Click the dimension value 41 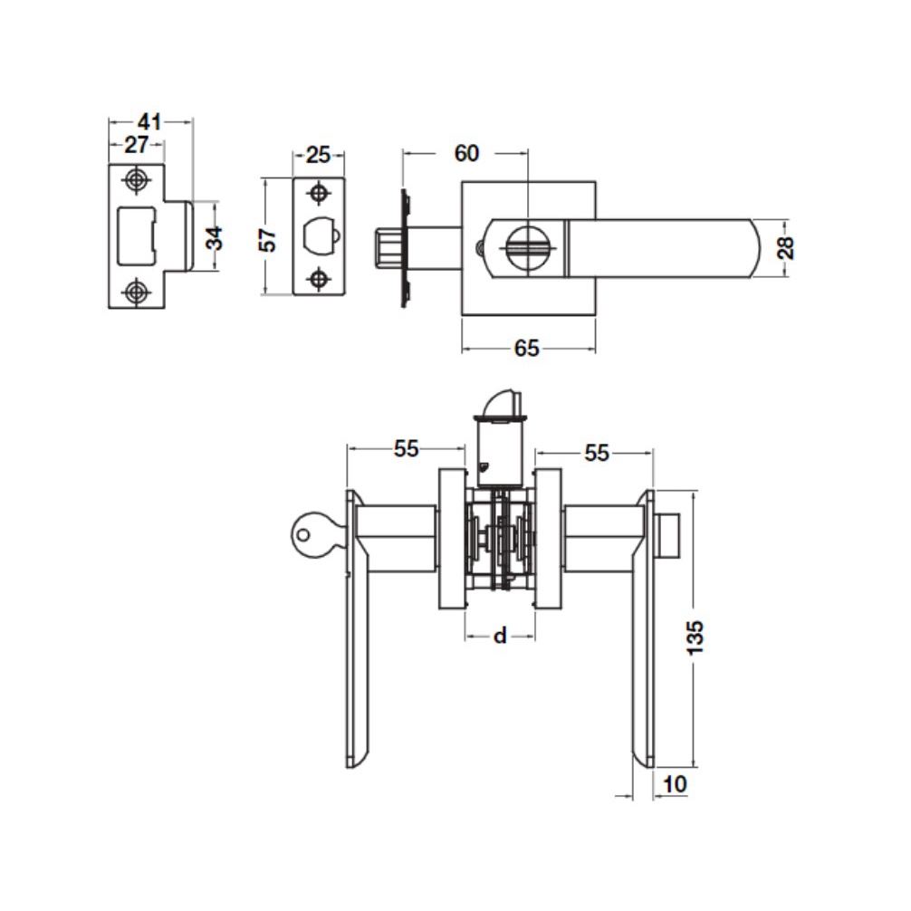tap(149, 122)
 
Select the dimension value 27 tap(137, 144)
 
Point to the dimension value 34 tap(215, 237)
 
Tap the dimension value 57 tap(268, 239)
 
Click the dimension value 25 tap(318, 155)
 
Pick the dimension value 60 tap(466, 153)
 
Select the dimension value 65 tap(527, 348)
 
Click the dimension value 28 tap(785, 247)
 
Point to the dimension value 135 tap(695, 638)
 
